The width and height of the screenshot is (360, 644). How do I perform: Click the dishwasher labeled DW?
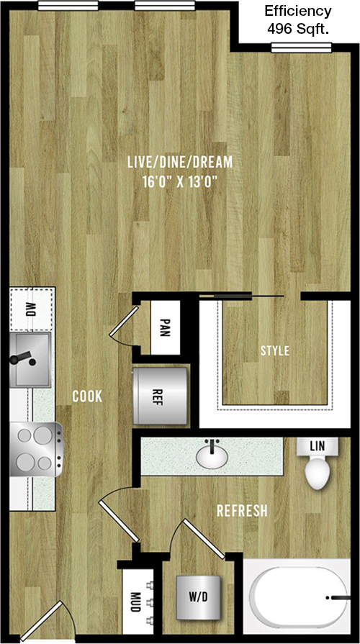pyautogui.click(x=32, y=309)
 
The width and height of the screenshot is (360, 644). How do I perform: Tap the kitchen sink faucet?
pyautogui.click(x=22, y=358)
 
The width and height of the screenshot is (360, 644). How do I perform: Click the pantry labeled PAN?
pyautogui.click(x=165, y=327)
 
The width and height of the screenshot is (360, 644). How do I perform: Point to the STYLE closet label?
pyautogui.click(x=275, y=350)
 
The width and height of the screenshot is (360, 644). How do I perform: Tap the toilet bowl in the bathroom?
pyautogui.click(x=317, y=473)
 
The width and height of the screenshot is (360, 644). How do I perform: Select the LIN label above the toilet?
pyautogui.click(x=318, y=445)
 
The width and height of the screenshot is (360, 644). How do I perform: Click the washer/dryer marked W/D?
pyautogui.click(x=199, y=598)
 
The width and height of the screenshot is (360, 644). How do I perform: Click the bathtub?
pyautogui.click(x=300, y=597)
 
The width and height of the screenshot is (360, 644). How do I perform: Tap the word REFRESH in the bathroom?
pyautogui.click(x=242, y=510)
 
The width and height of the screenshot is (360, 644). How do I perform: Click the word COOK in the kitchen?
pyautogui.click(x=87, y=396)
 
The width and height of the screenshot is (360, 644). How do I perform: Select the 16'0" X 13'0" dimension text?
pyautogui.click(x=180, y=181)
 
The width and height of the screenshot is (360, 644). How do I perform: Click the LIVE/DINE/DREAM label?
pyautogui.click(x=180, y=162)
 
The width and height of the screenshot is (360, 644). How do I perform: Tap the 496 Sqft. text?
pyautogui.click(x=298, y=30)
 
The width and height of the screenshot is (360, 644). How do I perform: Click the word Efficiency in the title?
pyautogui.click(x=298, y=11)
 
